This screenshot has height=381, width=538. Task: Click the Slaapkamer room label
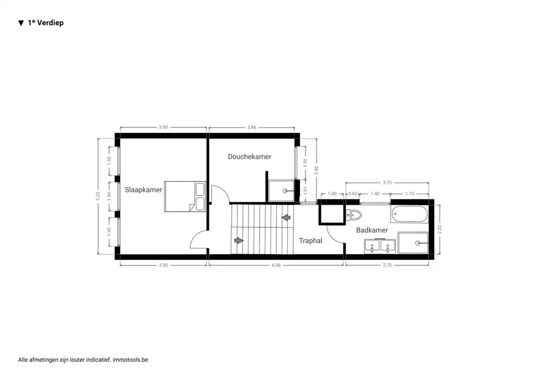pyautogui.click(x=143, y=190)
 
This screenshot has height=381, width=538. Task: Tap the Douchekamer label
pyautogui.click(x=250, y=157)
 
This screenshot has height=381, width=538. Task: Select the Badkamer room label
pyautogui.click(x=372, y=230)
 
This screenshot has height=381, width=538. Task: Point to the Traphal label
pyautogui.click(x=311, y=240)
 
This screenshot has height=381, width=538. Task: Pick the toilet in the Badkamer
pyautogui.click(x=354, y=215)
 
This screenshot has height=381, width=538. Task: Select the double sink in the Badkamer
pyautogui.click(x=380, y=246)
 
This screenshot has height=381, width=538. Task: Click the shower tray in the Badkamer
pyautogui.click(x=414, y=243)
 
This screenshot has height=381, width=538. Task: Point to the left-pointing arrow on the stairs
pyautogui.click(x=286, y=217)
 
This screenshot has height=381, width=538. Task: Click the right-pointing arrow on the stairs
pyautogui.click(x=239, y=240)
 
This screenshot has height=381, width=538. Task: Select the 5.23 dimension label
pyautogui.click(x=98, y=196)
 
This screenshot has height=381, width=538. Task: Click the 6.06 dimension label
pyautogui.click(x=276, y=265)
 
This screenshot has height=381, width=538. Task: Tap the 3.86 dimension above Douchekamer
pyautogui.click(x=252, y=127)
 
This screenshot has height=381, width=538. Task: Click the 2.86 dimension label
pyautogui.click(x=316, y=170)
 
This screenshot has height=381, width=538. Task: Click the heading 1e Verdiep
pyautogui.click(x=45, y=23)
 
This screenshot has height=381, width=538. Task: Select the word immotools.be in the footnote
pyautogui.click(x=131, y=360)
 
